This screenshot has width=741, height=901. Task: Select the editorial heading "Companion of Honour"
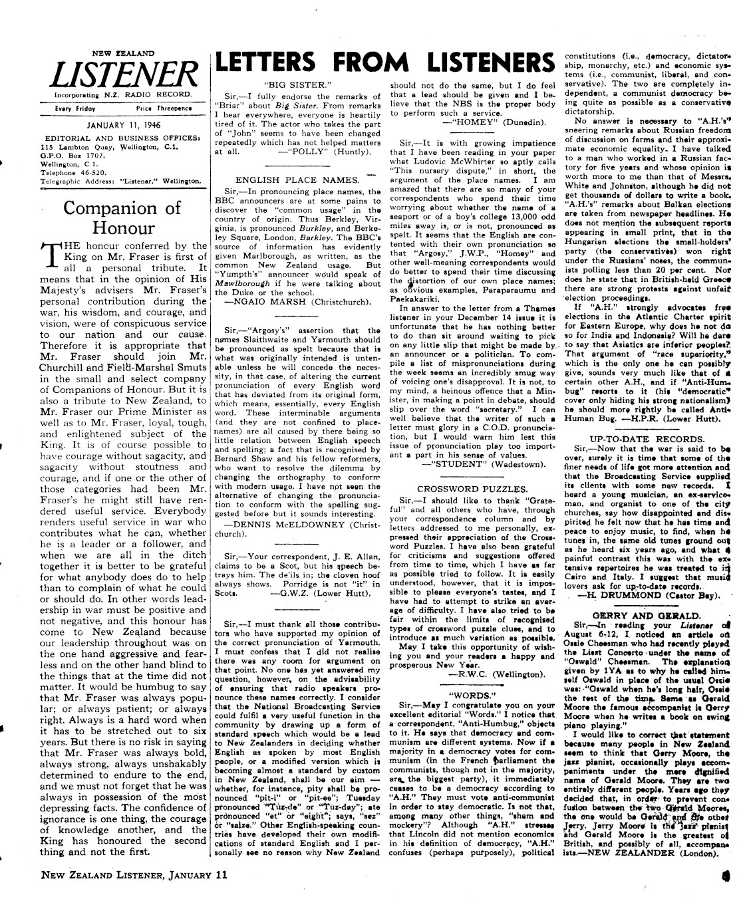(x=122, y=217)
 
